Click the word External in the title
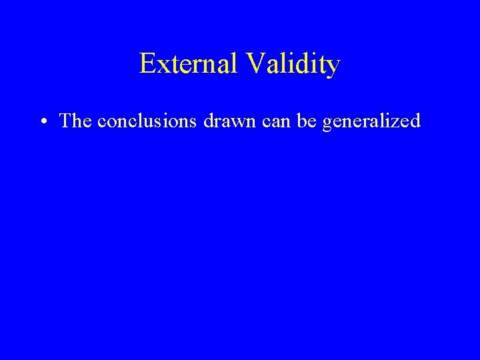pos(189,64)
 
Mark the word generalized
pos(371,122)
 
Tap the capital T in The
pos(65,121)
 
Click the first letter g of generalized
pos(326,124)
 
